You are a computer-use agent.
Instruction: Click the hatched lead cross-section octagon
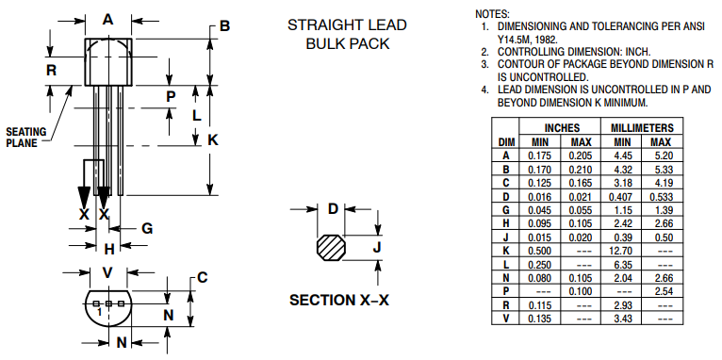coord(331,248)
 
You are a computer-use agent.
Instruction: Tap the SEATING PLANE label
coord(25,138)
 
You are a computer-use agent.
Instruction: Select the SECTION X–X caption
coord(339,300)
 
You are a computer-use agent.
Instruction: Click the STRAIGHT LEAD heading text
coord(347,25)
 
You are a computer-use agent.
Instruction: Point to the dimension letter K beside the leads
coord(213,139)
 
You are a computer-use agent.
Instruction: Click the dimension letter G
coord(147,228)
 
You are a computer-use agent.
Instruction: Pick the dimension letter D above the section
coord(333,209)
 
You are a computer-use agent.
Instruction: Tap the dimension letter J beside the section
coord(377,248)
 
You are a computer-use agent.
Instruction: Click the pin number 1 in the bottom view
coord(99,312)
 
